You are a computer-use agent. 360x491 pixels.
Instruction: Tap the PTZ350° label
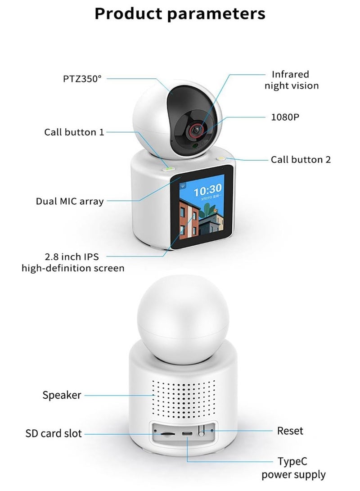(x=82, y=79)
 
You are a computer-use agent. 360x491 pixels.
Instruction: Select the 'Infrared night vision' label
(x=291, y=80)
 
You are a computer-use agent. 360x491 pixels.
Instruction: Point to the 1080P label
(x=285, y=117)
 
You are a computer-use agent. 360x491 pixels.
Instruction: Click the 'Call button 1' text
(x=74, y=132)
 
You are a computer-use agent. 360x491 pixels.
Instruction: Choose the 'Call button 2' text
(x=301, y=159)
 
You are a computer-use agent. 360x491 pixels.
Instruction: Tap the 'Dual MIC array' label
(x=70, y=201)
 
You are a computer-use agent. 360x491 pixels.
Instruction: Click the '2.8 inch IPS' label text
(x=72, y=257)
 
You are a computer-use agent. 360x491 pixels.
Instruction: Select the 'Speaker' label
(x=62, y=395)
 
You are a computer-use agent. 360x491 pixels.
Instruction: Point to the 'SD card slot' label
(x=54, y=434)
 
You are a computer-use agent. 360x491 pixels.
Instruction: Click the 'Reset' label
(x=290, y=431)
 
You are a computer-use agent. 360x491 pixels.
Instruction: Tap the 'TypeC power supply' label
(x=293, y=468)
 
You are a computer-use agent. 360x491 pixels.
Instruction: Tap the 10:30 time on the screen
(x=207, y=189)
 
